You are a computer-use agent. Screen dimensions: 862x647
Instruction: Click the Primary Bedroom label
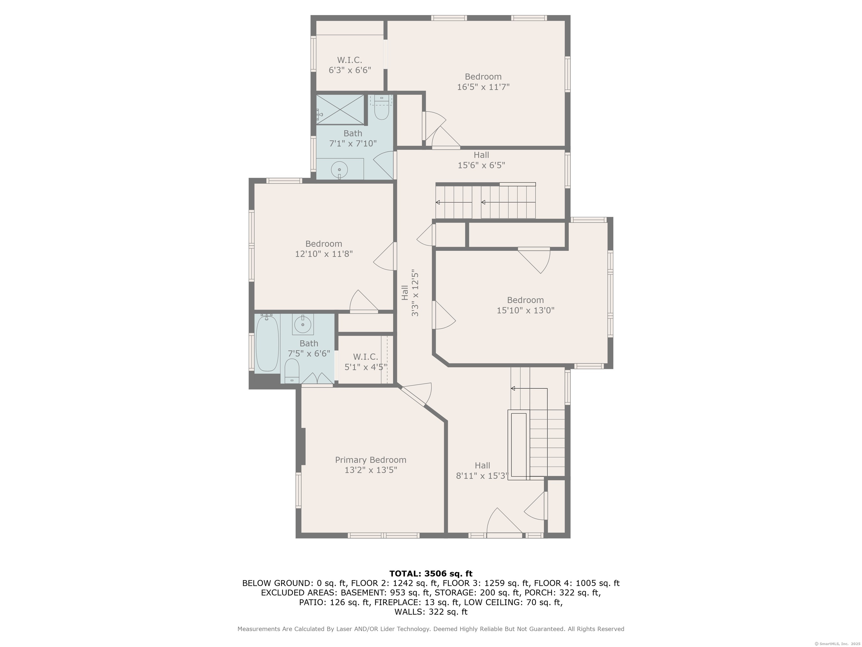click(x=371, y=465)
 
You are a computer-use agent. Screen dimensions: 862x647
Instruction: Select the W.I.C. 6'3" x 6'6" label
click(x=350, y=65)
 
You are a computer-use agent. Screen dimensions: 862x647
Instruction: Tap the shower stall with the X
click(x=340, y=110)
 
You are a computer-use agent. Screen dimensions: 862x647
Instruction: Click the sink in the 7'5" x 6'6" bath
click(x=303, y=324)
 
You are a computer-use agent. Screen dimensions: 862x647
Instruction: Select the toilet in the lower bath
click(x=292, y=371)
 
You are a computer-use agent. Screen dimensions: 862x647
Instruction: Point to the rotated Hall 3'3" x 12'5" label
click(x=410, y=293)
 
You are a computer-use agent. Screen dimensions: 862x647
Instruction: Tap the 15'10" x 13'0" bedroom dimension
click(x=525, y=310)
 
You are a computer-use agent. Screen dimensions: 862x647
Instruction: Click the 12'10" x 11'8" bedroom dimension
click(x=324, y=254)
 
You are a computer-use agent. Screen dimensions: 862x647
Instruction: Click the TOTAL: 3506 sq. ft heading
click(x=431, y=573)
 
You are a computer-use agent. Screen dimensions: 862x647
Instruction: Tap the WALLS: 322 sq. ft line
click(x=431, y=612)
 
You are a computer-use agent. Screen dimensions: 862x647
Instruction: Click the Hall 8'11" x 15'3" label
click(x=482, y=471)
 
